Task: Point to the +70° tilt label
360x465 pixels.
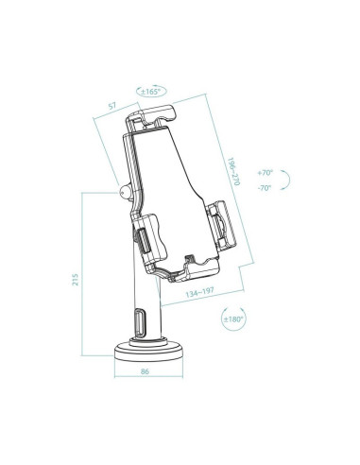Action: click(x=265, y=174)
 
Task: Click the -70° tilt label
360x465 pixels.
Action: click(x=265, y=187)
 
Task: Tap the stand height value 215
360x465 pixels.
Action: click(x=76, y=281)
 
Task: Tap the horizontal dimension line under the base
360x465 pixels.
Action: click(x=144, y=382)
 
